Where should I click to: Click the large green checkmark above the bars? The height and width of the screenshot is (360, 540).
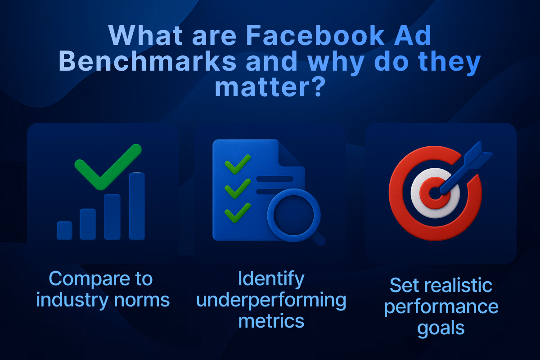108,166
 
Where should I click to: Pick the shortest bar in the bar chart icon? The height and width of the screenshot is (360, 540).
64,230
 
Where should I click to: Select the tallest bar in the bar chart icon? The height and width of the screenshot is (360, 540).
137,206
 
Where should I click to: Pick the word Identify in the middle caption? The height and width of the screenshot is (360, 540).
271,279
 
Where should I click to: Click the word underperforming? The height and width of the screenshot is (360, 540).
271,301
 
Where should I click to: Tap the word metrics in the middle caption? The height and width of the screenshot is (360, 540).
271,321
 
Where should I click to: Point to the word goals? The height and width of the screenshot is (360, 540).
441,328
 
